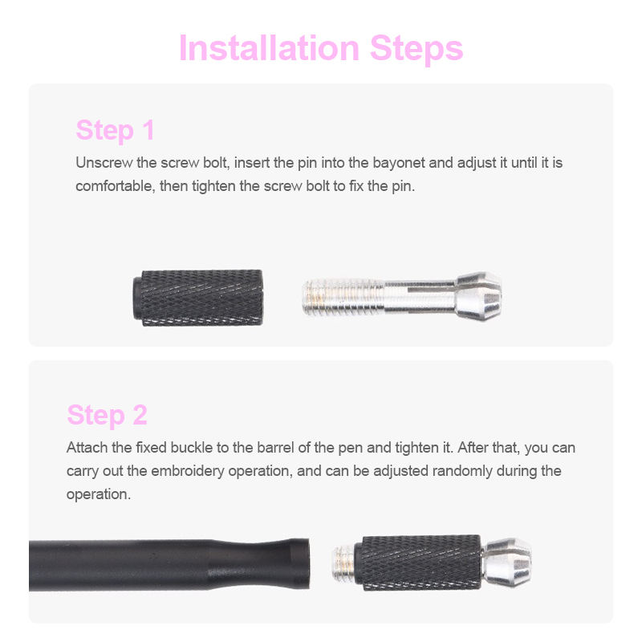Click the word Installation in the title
(269, 48)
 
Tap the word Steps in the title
(416, 49)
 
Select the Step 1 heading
(115, 130)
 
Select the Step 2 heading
(107, 415)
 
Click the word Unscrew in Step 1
(104, 163)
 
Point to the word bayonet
(399, 163)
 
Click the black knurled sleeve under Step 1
(197, 298)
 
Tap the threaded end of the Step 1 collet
(343, 297)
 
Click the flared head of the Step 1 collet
(479, 296)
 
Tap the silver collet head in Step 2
(507, 563)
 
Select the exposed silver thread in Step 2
(344, 563)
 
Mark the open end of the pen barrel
(303, 563)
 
